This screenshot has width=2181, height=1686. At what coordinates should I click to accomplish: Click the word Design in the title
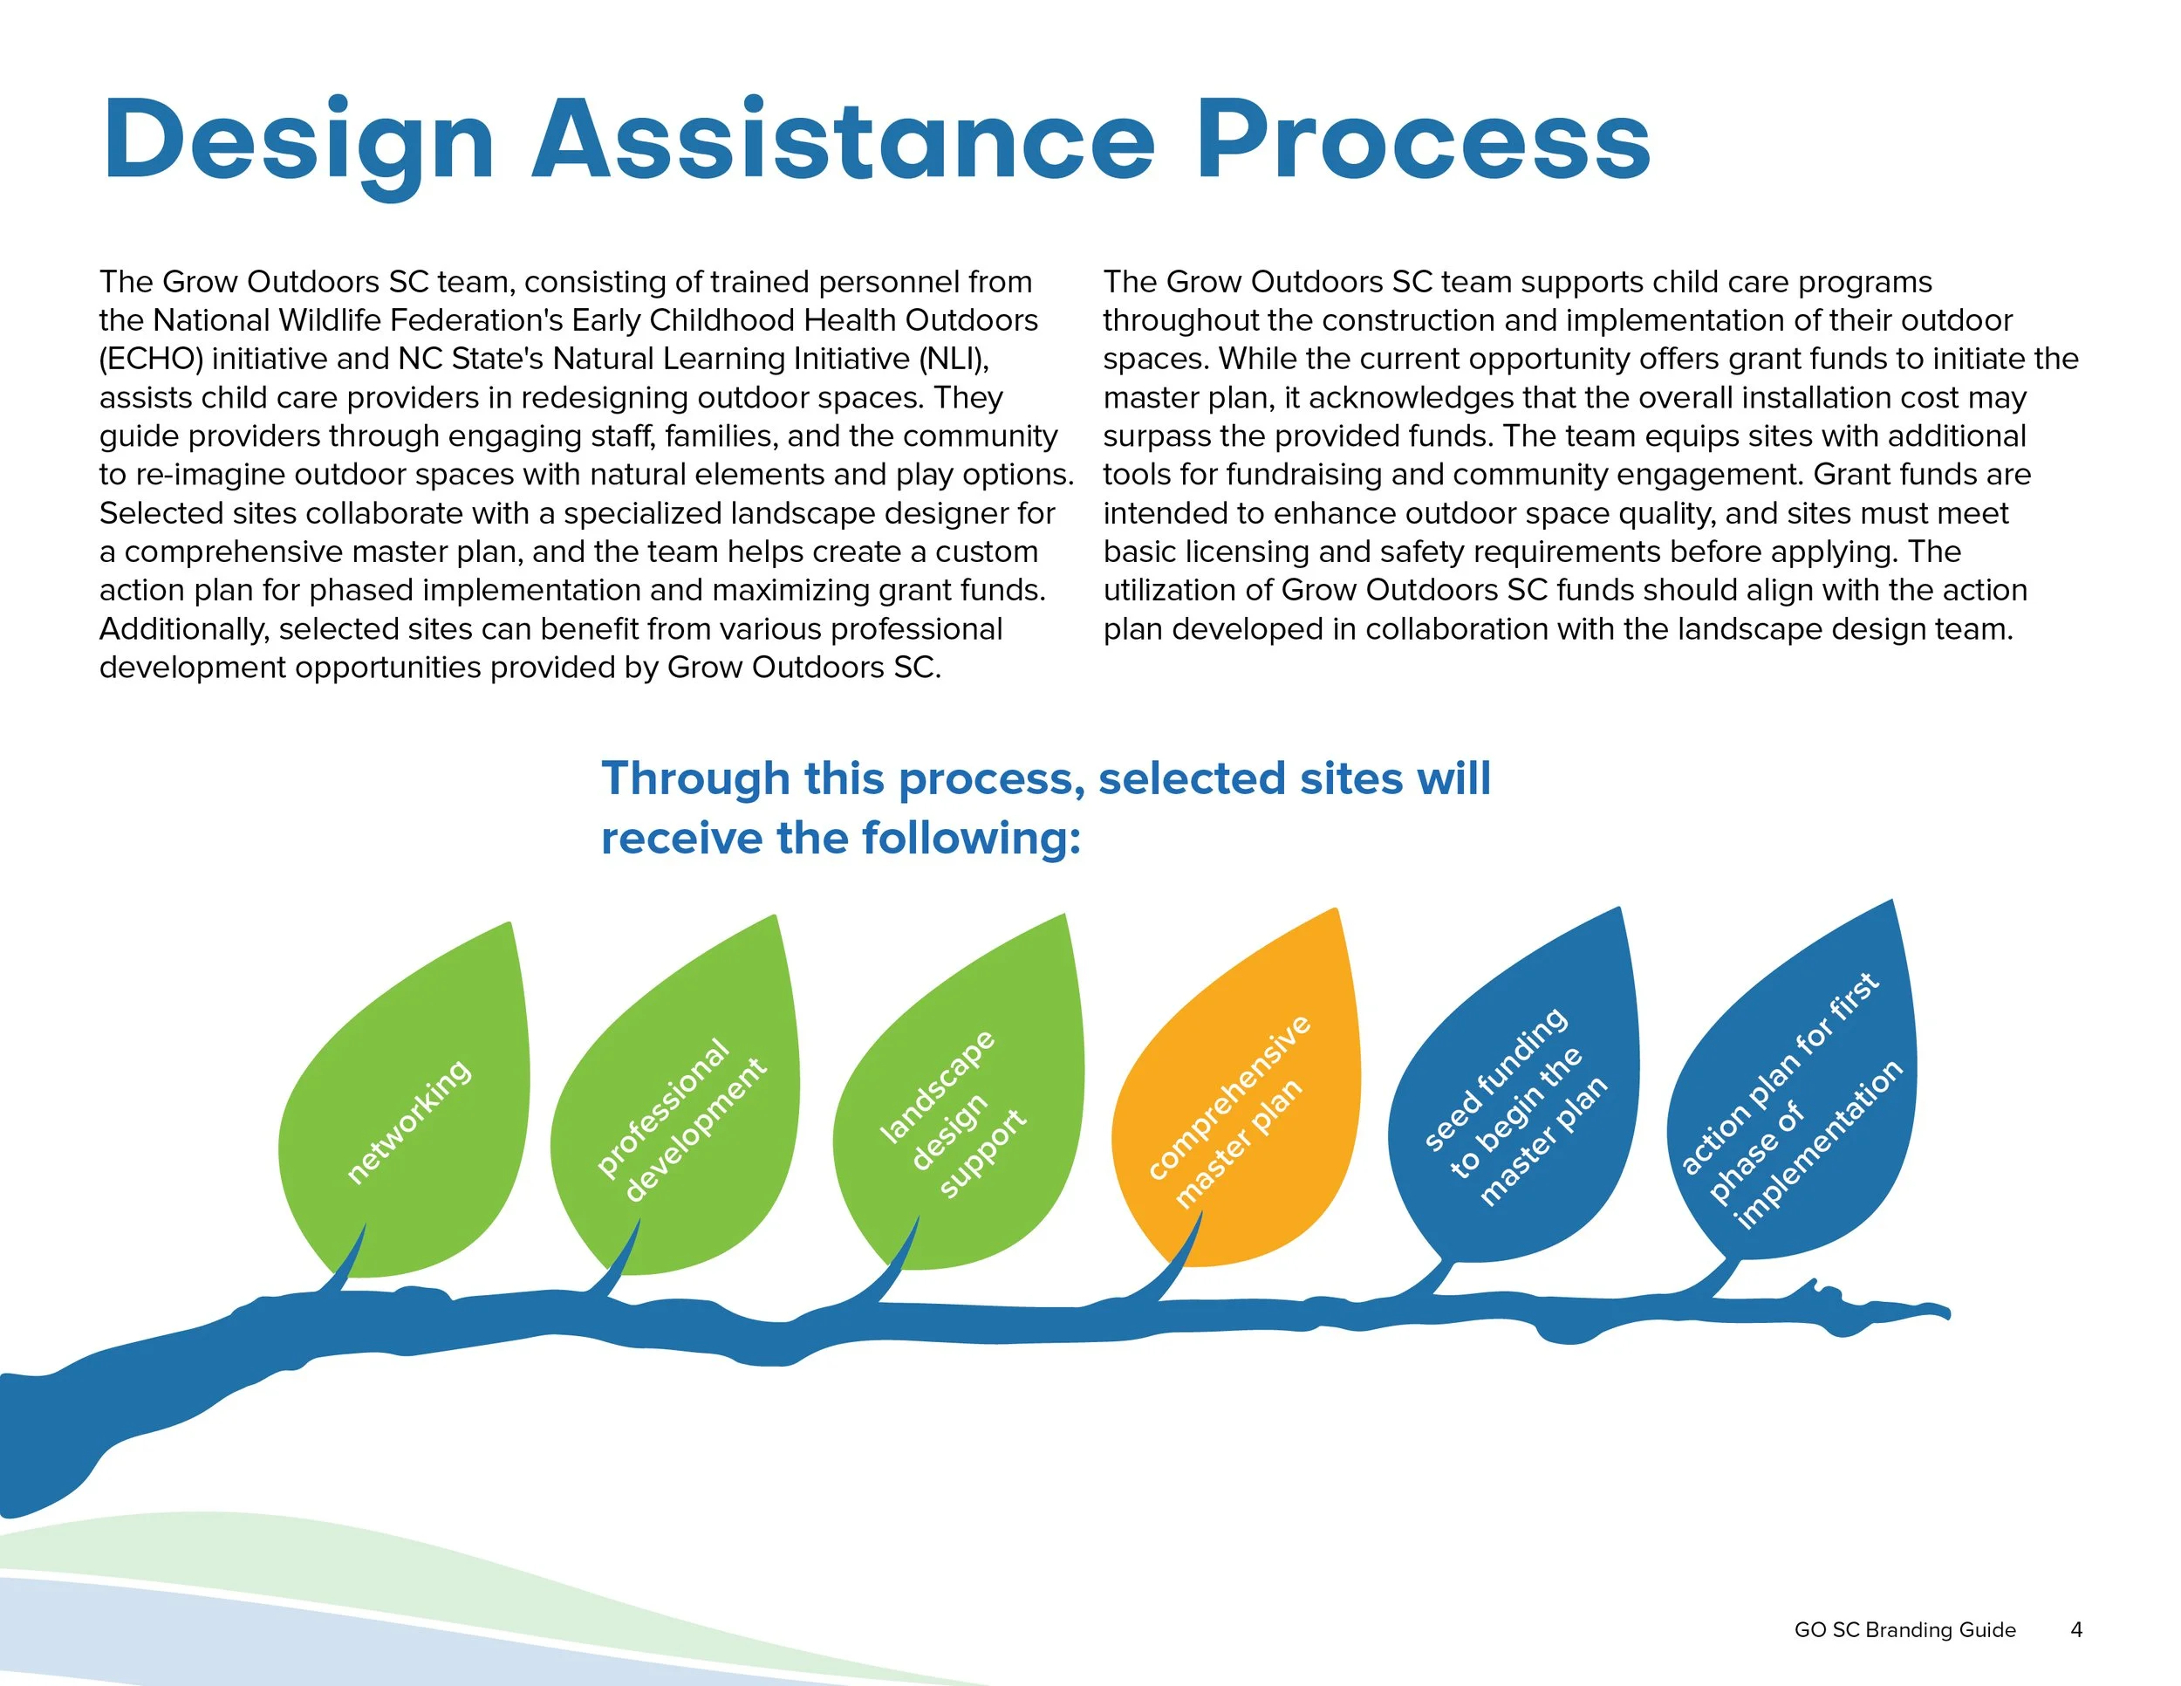point(299,142)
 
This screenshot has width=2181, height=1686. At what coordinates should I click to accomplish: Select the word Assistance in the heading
point(844,142)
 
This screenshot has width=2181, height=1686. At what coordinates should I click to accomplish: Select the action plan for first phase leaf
point(1794,1099)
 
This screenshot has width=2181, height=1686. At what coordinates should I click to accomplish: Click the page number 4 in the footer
point(2076,1630)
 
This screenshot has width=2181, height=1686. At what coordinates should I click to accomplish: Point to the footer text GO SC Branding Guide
point(1904,1630)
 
